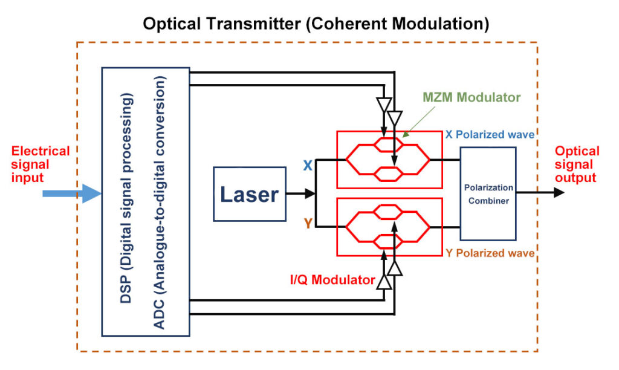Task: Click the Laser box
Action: click(x=249, y=194)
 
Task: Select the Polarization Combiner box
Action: click(x=488, y=194)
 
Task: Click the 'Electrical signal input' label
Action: click(x=41, y=164)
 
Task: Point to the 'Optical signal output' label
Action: click(x=577, y=164)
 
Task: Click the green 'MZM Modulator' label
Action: click(x=472, y=97)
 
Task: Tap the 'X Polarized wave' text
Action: click(x=490, y=134)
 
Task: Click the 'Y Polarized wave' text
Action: click(x=490, y=253)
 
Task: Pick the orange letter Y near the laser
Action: click(x=307, y=224)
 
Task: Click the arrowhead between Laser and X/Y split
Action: click(x=310, y=193)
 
